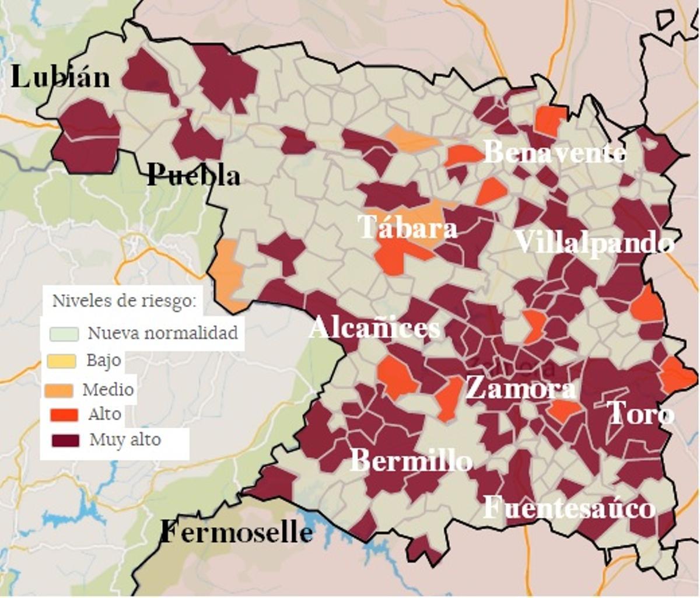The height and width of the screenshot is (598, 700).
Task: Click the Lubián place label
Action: click(60, 77)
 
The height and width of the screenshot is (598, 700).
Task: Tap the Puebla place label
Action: click(194, 174)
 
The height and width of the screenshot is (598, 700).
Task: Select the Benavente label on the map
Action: click(555, 153)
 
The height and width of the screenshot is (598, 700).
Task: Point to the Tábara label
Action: click(408, 227)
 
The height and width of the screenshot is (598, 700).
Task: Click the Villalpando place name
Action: click(594, 242)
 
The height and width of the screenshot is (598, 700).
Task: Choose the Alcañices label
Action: click(374, 328)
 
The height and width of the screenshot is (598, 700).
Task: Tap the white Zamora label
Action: click(520, 388)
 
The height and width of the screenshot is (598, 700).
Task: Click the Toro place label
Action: click(640, 414)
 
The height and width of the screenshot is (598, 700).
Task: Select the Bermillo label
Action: click(411, 461)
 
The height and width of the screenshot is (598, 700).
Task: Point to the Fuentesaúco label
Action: click(569, 508)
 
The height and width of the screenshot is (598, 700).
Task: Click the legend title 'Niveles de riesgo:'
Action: click(124, 301)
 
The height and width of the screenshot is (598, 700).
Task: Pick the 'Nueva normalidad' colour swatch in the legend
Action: click(64, 334)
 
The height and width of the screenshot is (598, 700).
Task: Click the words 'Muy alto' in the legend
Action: click(125, 439)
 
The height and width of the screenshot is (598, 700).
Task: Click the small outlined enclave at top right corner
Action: click(665, 19)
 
